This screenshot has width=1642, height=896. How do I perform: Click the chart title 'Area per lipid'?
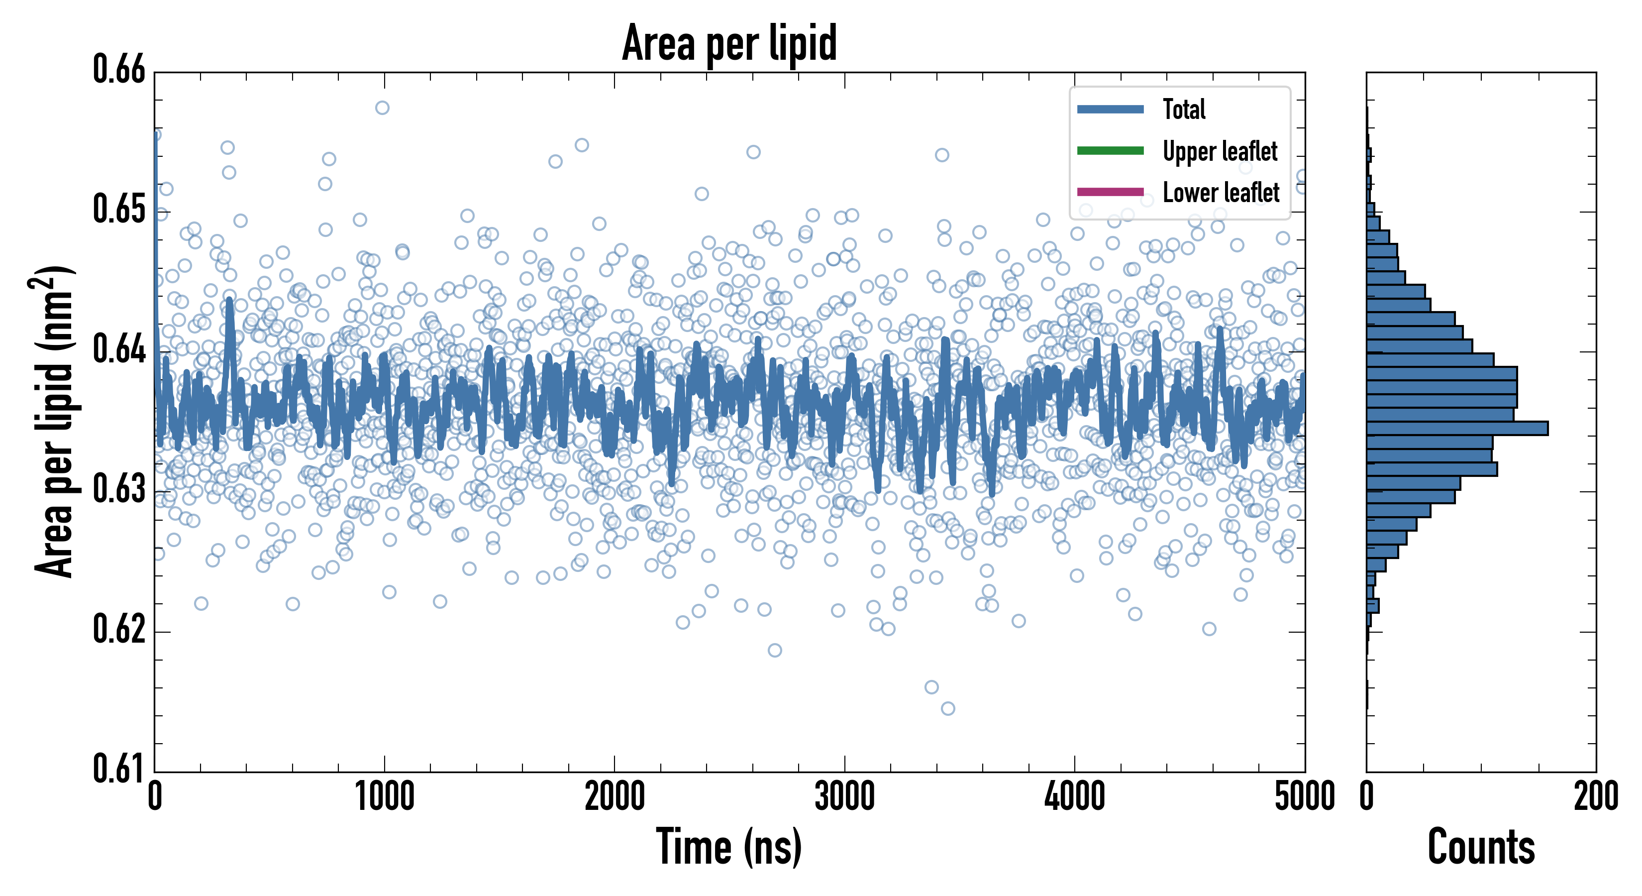click(729, 43)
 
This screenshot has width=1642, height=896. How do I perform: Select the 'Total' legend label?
click(1184, 109)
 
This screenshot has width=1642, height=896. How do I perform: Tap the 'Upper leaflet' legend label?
click(1220, 151)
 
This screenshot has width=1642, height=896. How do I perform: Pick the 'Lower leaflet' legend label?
click(1221, 193)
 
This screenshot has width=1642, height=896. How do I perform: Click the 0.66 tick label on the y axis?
click(119, 70)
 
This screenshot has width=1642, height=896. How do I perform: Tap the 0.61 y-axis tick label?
click(119, 769)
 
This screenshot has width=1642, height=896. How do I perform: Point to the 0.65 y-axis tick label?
click(119, 209)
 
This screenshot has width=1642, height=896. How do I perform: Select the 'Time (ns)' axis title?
click(729, 847)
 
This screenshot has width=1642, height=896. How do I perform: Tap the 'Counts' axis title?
click(1481, 847)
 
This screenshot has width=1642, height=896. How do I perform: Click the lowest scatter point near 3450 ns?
click(948, 708)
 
